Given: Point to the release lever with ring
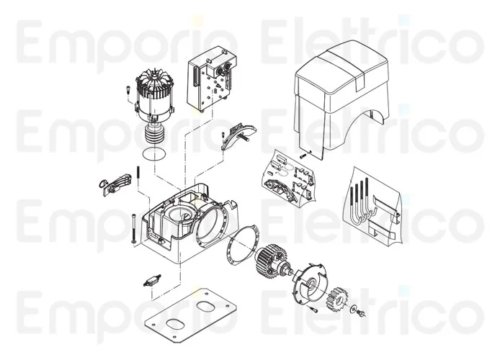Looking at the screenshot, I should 112,184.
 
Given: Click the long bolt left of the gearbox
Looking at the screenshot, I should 133,229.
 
